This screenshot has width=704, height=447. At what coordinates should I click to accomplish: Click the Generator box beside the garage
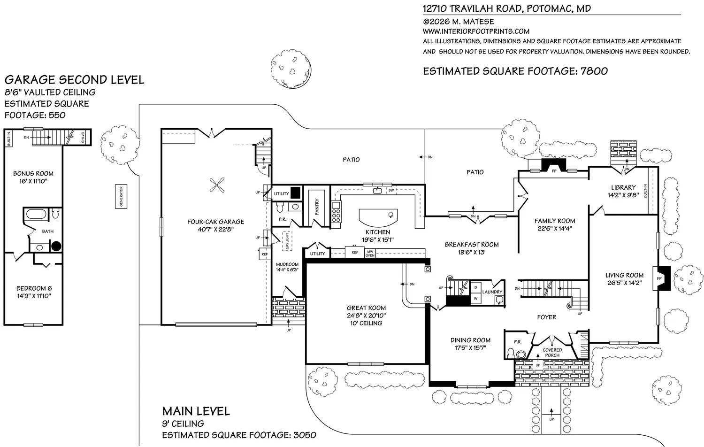(x=121, y=196)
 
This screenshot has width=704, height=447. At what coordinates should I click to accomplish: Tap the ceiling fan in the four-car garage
(x=217, y=185)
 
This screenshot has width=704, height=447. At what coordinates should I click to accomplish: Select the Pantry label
(x=317, y=207)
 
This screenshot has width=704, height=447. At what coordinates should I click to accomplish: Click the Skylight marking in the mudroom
(x=287, y=241)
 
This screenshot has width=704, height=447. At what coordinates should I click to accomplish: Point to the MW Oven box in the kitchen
(x=370, y=254)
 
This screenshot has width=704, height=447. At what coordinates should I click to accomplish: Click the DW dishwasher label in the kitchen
(x=391, y=190)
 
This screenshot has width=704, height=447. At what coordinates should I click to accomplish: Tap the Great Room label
(x=366, y=308)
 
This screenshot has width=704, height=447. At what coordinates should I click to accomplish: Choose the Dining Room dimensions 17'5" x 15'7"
(x=470, y=347)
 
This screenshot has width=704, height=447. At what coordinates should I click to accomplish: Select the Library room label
(x=624, y=187)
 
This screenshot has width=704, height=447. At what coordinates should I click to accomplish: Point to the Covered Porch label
(x=552, y=353)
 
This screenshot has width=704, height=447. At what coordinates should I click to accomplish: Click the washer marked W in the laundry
(x=475, y=299)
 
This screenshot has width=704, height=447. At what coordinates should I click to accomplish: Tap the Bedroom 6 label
(x=34, y=288)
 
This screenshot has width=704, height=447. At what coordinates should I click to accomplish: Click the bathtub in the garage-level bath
(x=36, y=215)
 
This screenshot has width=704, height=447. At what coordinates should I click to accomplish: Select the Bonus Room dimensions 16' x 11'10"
(x=33, y=181)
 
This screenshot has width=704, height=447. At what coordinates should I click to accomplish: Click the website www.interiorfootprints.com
(x=476, y=31)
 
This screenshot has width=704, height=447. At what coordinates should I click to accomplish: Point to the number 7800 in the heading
(x=594, y=71)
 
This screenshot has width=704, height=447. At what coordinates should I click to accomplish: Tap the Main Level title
(x=196, y=411)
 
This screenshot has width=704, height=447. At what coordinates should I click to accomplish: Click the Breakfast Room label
(x=472, y=245)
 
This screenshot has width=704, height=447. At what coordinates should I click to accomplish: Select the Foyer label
(x=547, y=317)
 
